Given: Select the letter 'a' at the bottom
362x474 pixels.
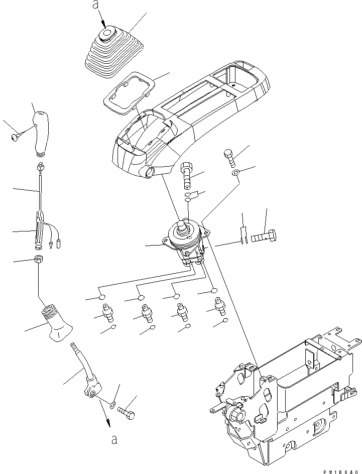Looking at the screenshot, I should coord(114,440).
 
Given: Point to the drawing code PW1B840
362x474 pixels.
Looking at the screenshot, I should coord(337,467).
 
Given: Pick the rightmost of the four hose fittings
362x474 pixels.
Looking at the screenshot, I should coord(219,306).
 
